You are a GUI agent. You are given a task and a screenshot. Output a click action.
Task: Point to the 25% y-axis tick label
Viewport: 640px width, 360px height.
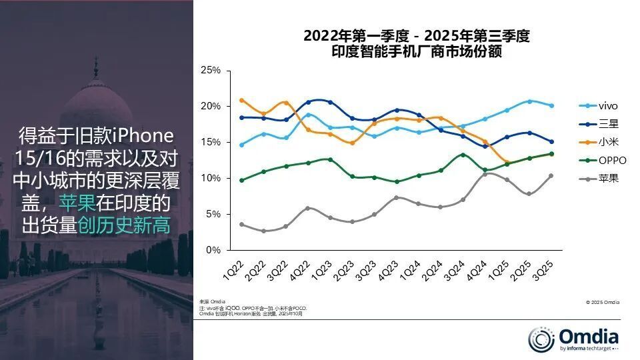(x=211, y=70)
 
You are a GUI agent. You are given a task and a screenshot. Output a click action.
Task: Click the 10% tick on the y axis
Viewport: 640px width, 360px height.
(x=211, y=178)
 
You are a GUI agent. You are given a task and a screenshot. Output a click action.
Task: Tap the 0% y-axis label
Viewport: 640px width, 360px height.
(x=213, y=250)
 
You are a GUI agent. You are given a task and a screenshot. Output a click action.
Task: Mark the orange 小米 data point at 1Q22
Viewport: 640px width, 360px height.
(x=241, y=101)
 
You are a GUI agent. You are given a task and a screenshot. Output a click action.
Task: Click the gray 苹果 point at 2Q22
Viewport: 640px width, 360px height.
(x=263, y=231)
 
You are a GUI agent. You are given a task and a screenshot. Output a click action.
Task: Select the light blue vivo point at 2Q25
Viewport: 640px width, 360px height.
(x=529, y=101)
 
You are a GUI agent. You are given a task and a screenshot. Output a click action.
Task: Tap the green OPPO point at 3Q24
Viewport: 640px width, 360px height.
(x=463, y=155)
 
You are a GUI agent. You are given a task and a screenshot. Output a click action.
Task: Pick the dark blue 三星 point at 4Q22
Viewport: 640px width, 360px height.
(x=307, y=102)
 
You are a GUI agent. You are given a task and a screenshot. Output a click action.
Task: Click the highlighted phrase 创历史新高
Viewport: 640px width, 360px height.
(x=124, y=225)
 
